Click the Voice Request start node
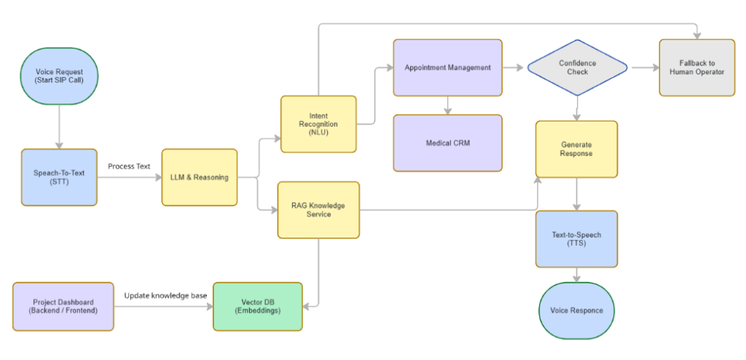click(60, 77)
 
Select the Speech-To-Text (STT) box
click(59, 177)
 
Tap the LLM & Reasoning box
click(200, 177)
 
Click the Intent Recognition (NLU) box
click(318, 124)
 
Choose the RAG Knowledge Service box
click(318, 210)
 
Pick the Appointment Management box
click(447, 68)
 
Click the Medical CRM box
click(447, 143)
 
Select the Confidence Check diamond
click(577, 68)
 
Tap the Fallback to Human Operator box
click(697, 68)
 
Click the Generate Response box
click(576, 149)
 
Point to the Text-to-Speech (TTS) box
click(576, 239)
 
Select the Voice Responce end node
click(576, 310)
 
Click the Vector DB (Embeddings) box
click(257, 307)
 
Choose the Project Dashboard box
click(63, 307)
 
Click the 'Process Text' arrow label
click(129, 166)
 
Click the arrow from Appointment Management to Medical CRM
click(447, 105)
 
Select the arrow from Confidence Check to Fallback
click(643, 68)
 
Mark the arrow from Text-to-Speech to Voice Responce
click(576, 275)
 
